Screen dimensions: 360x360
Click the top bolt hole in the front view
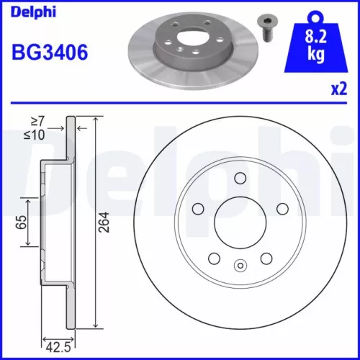point(240,179)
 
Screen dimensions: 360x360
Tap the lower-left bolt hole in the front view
point(214,258)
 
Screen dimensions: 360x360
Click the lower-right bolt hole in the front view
point(266,258)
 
